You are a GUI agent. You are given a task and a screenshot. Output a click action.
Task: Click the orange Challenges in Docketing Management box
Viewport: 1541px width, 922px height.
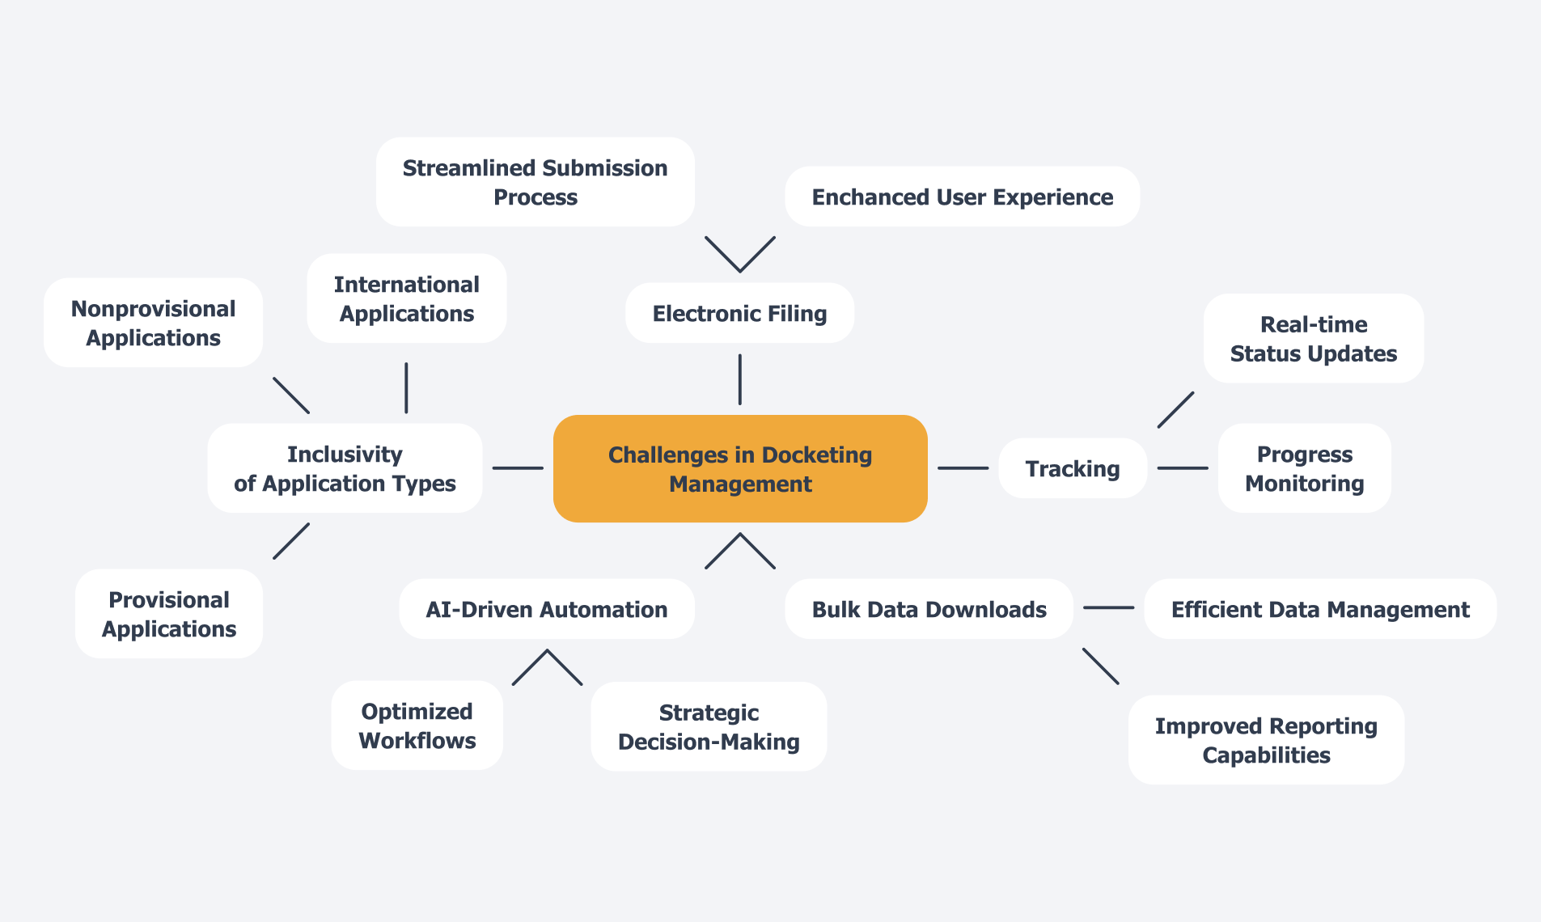(739, 468)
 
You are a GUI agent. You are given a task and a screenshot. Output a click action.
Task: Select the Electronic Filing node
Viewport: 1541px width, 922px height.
(739, 313)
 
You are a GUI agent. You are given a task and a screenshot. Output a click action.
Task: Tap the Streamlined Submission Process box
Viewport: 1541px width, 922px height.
(535, 182)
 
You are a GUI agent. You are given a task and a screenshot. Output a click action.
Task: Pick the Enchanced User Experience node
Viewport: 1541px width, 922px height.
(962, 197)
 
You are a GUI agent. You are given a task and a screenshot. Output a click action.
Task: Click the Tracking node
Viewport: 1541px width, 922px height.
(1072, 468)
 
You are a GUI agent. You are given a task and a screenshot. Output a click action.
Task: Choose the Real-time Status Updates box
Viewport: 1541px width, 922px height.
(1313, 338)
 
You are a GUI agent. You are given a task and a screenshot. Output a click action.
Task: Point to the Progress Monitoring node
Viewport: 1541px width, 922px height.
(1304, 468)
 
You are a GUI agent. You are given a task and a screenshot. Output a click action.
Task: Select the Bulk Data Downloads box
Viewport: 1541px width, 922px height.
(929, 609)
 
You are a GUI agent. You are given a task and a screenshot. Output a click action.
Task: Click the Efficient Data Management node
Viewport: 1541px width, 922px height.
(1319, 609)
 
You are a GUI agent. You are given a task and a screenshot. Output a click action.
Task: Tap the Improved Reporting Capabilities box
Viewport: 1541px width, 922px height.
(1266, 739)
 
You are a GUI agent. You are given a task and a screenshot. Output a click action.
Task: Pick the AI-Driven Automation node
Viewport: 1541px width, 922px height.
(546, 609)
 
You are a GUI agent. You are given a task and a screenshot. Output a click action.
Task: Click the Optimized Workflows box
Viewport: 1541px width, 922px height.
(417, 725)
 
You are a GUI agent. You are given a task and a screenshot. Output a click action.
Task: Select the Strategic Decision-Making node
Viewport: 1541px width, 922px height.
(709, 726)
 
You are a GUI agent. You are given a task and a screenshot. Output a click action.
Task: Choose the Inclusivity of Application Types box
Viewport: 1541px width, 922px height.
(345, 468)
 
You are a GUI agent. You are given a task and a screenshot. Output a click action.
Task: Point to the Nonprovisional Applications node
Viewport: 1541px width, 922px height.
(153, 323)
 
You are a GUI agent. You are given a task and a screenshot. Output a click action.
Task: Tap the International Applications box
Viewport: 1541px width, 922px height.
(406, 298)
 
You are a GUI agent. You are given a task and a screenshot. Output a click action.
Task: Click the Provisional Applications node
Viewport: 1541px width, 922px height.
(168, 614)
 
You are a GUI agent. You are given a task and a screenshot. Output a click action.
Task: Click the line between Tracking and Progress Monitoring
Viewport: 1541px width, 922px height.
(1182, 468)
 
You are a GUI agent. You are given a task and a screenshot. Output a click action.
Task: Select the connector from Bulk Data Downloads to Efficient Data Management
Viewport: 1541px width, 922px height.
(1108, 607)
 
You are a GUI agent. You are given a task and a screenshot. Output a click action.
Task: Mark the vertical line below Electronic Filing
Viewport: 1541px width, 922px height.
(739, 379)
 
